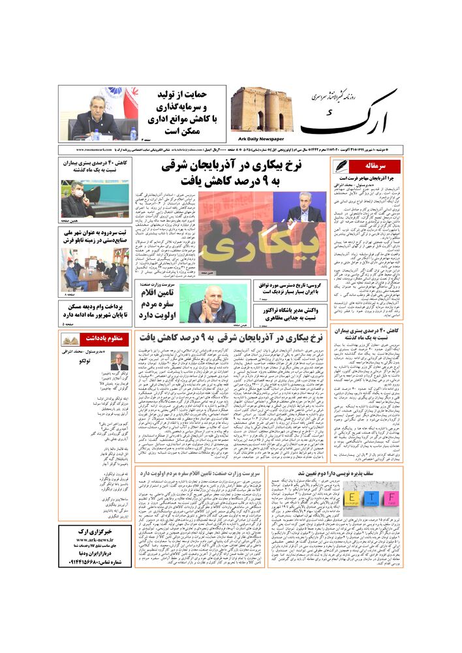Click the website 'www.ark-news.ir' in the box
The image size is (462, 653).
pos(94,540)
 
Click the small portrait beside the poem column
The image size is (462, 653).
pos(119,360)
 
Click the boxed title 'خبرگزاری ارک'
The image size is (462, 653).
pos(94,531)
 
